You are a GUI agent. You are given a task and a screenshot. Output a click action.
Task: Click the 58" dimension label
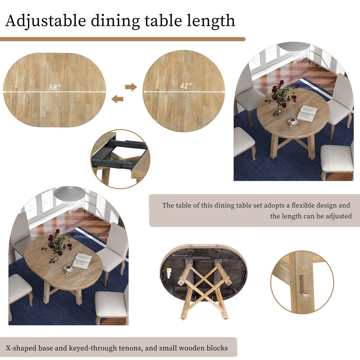(55, 87)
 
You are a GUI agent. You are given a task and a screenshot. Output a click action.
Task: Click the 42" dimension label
(186, 86)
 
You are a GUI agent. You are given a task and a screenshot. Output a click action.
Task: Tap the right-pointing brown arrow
(131, 87)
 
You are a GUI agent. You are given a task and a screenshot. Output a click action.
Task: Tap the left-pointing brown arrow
(117, 99)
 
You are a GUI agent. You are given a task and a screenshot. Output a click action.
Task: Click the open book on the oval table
(82, 261)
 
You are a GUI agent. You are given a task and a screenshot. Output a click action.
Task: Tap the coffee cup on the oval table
(69, 269)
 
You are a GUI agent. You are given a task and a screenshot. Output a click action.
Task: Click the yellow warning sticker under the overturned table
(169, 270)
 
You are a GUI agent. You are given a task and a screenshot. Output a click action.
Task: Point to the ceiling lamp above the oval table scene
(70, 195)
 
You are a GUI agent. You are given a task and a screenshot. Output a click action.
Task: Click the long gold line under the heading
(122, 39)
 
